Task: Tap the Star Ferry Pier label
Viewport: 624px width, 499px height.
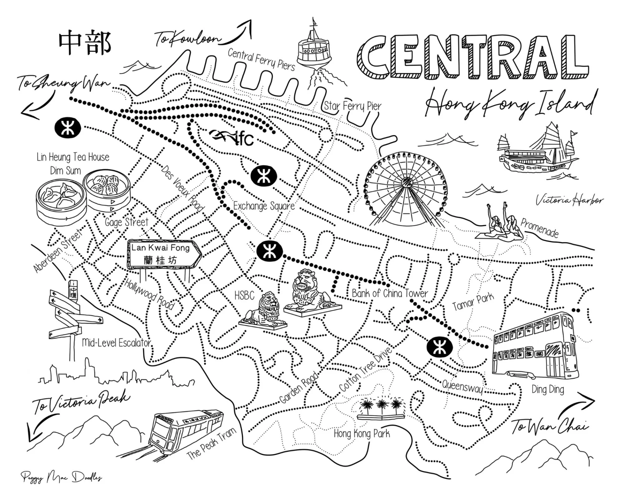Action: coord(353,106)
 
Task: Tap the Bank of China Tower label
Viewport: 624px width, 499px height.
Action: coord(390,293)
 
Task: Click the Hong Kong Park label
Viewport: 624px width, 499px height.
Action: coord(362,434)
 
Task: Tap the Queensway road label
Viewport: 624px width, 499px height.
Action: coord(462,387)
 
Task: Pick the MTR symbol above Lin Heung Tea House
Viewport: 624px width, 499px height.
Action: coord(67,128)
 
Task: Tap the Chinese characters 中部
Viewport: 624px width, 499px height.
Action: coord(85,43)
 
